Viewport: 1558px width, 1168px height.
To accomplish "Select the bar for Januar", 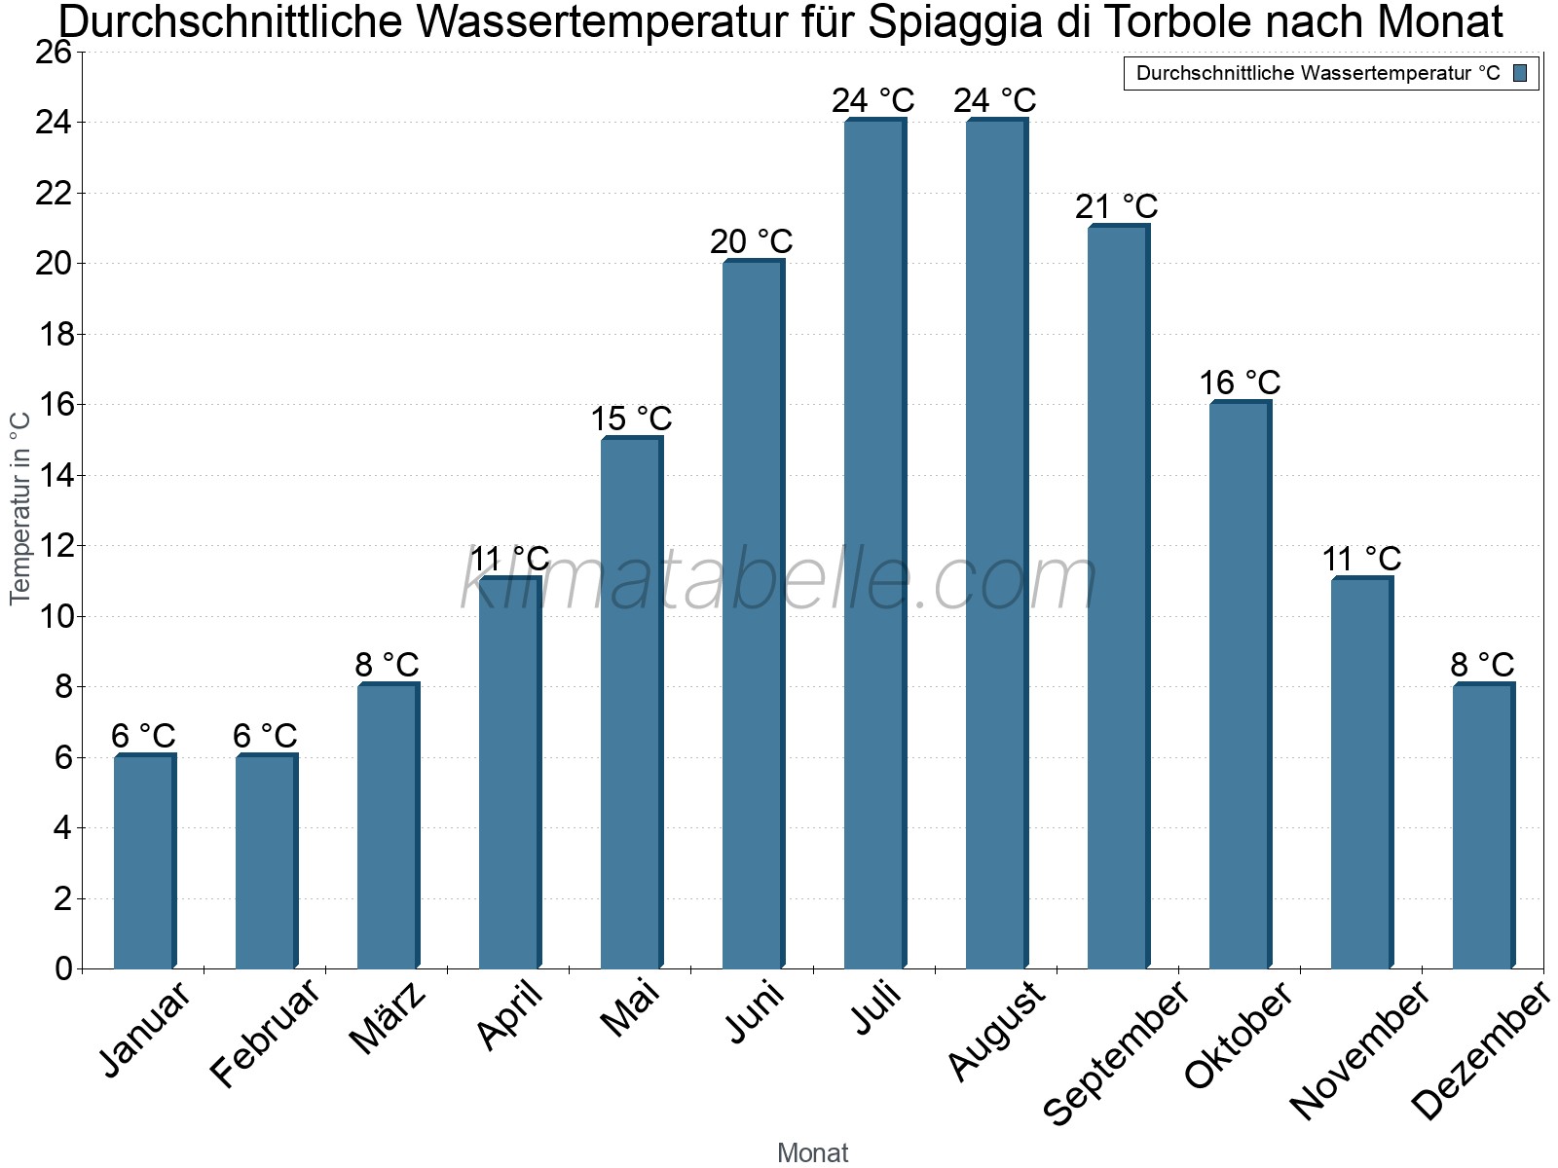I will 144,861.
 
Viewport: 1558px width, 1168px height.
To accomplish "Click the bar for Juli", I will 874,545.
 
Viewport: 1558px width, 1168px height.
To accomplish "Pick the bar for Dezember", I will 1483,827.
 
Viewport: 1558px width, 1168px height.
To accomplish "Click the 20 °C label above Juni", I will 751,241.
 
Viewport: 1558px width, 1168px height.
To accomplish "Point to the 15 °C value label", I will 631,420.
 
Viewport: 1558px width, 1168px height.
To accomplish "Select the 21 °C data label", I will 1116,206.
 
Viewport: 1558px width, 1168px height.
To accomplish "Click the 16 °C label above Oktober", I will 1239,383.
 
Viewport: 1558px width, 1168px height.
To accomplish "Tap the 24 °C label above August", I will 994,100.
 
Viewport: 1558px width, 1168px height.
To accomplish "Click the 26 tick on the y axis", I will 54,52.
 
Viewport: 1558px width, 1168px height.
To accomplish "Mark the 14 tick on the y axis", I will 54,475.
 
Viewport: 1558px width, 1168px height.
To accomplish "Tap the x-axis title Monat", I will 812,1152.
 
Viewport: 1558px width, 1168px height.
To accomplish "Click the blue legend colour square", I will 1520,73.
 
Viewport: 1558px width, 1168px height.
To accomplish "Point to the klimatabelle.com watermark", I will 779,581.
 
